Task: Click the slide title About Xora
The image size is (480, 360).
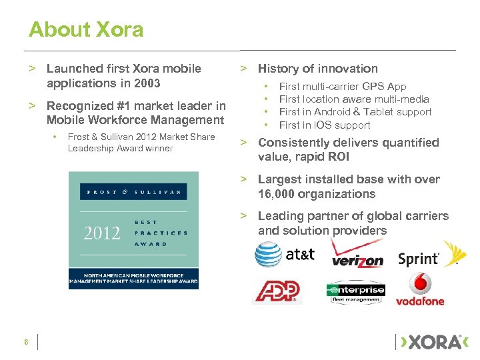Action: [x=85, y=29]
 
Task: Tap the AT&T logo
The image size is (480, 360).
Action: [x=284, y=254]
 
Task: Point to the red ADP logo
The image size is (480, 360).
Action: [x=276, y=291]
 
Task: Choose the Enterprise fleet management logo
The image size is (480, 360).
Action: [x=355, y=292]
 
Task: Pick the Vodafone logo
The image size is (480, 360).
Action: [x=420, y=289]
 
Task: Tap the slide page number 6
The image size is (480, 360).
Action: [x=26, y=343]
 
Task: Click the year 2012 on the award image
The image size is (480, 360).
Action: [x=102, y=233]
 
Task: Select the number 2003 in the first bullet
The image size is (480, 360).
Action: [x=146, y=83]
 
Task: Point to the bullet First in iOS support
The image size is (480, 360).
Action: [x=324, y=125]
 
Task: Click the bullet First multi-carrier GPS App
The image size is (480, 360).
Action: [x=342, y=87]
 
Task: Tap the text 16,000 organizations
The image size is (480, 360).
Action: [x=317, y=194]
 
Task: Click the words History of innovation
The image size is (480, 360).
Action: [x=317, y=69]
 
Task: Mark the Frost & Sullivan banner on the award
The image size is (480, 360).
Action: [x=133, y=191]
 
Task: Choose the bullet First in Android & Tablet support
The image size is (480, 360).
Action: [x=355, y=112]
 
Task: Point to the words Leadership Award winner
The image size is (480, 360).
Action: [x=120, y=148]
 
